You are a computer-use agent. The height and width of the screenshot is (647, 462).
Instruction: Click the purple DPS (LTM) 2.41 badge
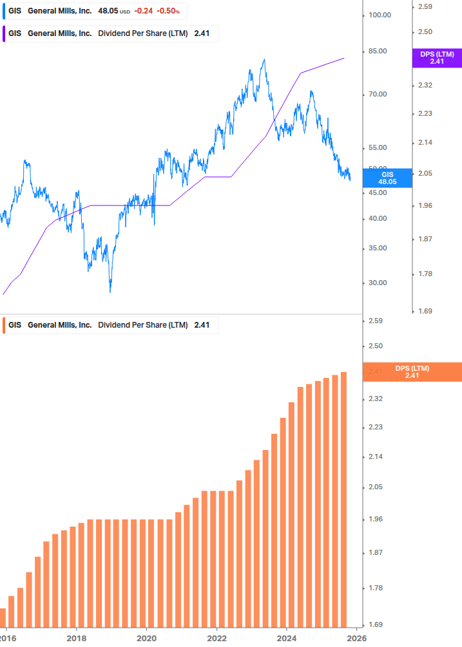(437, 58)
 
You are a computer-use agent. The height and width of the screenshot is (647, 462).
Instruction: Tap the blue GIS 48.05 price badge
(387, 178)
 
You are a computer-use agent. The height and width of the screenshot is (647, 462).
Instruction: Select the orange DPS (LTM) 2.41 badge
(412, 372)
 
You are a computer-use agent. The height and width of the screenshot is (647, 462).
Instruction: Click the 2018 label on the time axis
(76, 637)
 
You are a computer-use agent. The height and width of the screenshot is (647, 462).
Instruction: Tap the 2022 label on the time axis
(217, 637)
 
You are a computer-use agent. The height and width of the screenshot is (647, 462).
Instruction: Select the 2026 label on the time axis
(357, 637)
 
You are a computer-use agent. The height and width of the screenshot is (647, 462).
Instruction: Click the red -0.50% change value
(168, 12)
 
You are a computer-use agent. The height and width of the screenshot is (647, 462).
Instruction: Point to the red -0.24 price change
(143, 12)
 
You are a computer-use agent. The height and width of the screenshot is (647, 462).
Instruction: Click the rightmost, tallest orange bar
(343, 499)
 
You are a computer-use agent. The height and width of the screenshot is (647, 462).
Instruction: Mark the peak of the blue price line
(264, 60)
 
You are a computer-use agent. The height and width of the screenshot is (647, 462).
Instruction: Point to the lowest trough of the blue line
(110, 292)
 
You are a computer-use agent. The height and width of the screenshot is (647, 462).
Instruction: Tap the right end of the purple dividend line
(344, 58)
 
